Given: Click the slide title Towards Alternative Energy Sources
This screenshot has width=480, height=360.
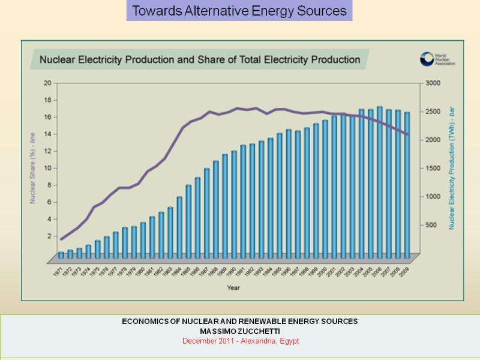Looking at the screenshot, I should (x=239, y=11).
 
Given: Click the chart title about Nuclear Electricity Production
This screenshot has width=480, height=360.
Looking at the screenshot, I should (x=200, y=60).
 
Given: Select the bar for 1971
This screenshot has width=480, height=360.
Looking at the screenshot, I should (x=61, y=255).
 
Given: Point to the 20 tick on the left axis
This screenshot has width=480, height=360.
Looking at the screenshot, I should (x=47, y=83).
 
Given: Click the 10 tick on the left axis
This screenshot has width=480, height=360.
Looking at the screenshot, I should (x=47, y=168).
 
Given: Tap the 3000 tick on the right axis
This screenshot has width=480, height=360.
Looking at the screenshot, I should (x=433, y=83).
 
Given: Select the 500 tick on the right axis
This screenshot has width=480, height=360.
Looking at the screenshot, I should (x=430, y=225).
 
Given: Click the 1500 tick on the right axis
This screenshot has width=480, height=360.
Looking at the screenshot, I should (x=433, y=168).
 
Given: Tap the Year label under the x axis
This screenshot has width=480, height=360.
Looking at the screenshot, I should (x=233, y=287).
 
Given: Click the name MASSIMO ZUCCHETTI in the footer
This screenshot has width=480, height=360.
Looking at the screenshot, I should (x=239, y=331).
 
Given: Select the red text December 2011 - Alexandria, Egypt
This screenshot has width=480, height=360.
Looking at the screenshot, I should (x=239, y=341).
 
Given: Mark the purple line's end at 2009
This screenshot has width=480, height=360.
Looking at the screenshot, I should (x=407, y=134).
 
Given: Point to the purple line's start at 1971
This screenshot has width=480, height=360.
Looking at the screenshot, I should (x=61, y=239).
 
